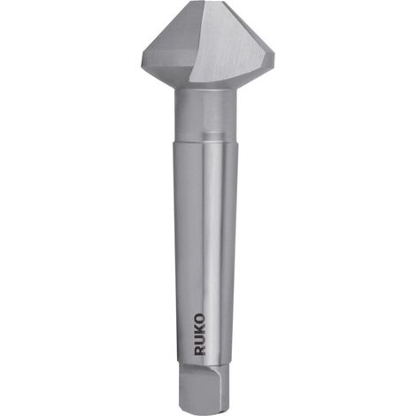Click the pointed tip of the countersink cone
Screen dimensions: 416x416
point(208,2)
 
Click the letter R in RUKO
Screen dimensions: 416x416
point(200,350)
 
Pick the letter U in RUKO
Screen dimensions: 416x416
point(200,339)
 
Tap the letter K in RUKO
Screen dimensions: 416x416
point(200,329)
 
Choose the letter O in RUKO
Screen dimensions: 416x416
point(200,319)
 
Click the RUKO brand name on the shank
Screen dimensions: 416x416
point(200,335)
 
